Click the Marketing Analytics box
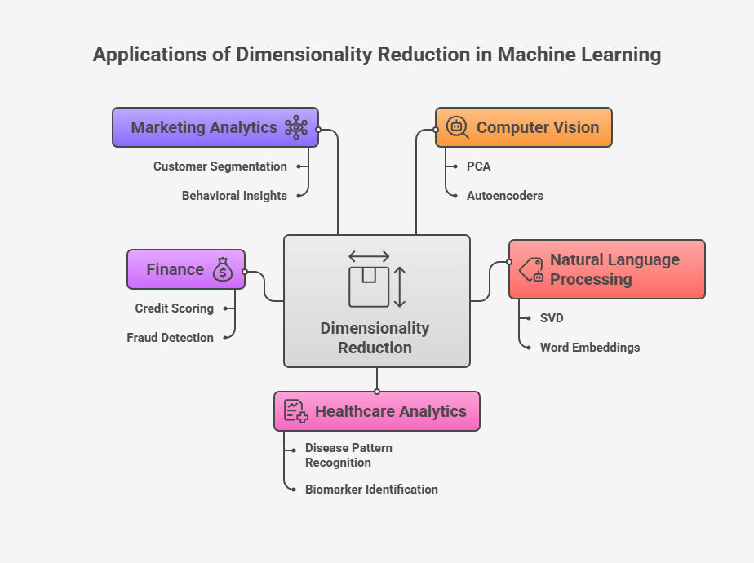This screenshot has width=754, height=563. (x=215, y=127)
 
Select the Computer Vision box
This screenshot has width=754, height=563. (x=523, y=127)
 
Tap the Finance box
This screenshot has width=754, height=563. (x=185, y=269)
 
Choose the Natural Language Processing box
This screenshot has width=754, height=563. (x=606, y=269)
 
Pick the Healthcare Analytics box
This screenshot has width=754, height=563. (x=376, y=411)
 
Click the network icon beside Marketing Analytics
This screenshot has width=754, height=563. (x=295, y=127)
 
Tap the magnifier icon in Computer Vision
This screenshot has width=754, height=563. (x=457, y=127)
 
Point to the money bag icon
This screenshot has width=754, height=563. (x=223, y=270)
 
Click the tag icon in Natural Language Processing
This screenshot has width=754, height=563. (x=531, y=270)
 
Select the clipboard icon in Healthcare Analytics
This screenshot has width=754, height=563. (x=295, y=411)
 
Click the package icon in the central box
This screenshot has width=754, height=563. (x=369, y=286)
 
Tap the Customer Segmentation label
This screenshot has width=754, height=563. (x=220, y=166)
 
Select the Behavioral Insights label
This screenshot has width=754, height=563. (x=234, y=196)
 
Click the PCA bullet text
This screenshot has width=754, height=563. (x=478, y=166)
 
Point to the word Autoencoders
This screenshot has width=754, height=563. (x=504, y=196)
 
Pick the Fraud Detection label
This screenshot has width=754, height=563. (x=170, y=338)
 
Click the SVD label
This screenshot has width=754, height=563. (x=552, y=318)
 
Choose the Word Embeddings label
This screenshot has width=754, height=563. (x=589, y=348)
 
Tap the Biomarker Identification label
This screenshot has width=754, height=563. (x=371, y=490)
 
